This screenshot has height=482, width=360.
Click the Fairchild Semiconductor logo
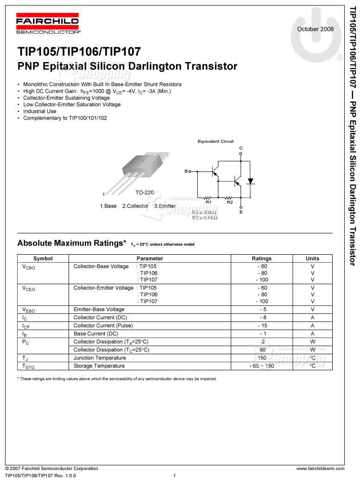[x=47, y=25]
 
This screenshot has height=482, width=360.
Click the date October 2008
[x=315, y=29]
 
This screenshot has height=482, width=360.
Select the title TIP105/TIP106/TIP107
[x=79, y=51]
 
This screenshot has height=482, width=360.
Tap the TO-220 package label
[x=145, y=192]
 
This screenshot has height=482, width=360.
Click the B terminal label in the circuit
[x=186, y=172]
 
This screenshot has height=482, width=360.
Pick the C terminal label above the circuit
[x=240, y=148]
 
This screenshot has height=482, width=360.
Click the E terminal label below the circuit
[x=241, y=212]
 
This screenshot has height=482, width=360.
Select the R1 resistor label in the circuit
[x=208, y=202]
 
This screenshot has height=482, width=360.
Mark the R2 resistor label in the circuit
[x=229, y=202]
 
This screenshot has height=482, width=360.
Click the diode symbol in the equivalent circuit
[x=251, y=181]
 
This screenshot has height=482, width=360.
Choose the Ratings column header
[x=262, y=258]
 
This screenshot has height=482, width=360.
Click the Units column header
[x=312, y=258]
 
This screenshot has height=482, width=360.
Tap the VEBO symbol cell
[x=28, y=310]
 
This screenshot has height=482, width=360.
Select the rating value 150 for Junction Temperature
[x=262, y=358]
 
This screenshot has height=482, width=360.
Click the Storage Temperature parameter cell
[x=99, y=366]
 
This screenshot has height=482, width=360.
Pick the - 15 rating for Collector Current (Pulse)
[x=262, y=326]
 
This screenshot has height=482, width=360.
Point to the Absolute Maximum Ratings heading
[x=71, y=243]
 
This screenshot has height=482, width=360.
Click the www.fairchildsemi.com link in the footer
[x=320, y=469]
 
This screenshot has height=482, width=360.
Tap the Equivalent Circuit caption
[x=215, y=141]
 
